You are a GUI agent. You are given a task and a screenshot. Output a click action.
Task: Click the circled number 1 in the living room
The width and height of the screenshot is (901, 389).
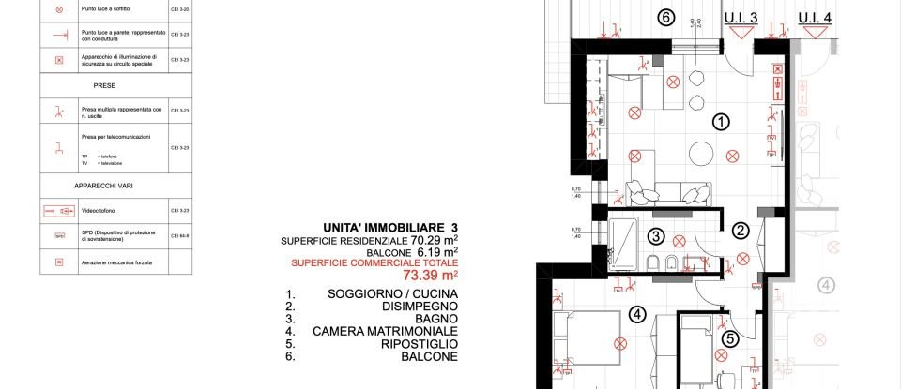(x=721, y=121)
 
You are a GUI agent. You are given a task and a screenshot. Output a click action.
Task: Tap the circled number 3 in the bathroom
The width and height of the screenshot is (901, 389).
(x=657, y=236)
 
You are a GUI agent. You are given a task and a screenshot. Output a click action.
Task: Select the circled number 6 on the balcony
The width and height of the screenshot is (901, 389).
(x=664, y=17)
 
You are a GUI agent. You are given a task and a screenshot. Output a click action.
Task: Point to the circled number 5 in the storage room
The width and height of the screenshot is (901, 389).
(x=731, y=339)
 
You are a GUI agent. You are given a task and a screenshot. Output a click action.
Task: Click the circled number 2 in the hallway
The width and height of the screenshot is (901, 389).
(x=741, y=231)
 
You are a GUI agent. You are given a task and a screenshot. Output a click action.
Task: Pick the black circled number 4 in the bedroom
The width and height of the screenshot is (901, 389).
(x=637, y=315)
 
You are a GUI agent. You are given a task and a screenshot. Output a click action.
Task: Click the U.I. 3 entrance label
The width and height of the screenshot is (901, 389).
(x=741, y=18)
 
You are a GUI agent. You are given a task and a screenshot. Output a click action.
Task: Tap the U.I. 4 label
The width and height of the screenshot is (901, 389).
(x=815, y=18)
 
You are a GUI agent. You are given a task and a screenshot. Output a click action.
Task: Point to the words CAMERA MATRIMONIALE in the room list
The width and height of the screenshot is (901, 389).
(x=385, y=331)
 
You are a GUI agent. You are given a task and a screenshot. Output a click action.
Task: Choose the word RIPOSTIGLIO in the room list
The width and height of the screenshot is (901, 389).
(x=413, y=344)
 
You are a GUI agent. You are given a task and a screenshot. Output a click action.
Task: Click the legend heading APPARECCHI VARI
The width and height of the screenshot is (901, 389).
(x=116, y=186)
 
